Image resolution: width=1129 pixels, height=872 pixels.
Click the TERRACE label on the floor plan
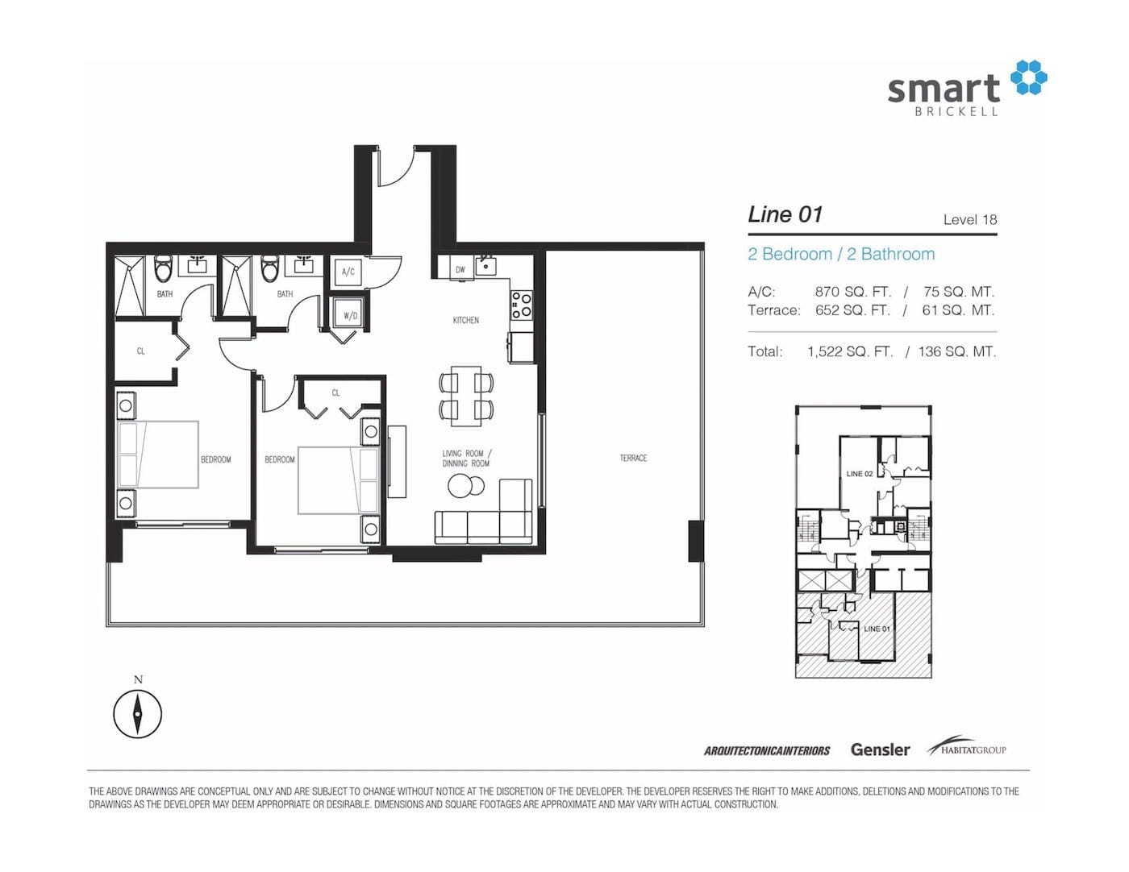pos(633,458)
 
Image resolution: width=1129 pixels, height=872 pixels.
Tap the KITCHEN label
pos(465,320)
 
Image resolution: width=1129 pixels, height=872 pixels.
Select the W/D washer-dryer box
pos(350,314)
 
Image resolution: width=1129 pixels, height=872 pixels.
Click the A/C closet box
pos(348,272)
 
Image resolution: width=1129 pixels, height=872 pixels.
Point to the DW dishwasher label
pos(460,270)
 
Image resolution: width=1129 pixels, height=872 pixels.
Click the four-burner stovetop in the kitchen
pos(522,305)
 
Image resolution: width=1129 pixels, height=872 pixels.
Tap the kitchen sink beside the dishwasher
pos(485,266)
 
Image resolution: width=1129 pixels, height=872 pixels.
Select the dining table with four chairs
pos(466,396)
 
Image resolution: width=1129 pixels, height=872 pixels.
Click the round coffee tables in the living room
pos(465,486)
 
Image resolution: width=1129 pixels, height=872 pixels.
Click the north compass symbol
pos(138,714)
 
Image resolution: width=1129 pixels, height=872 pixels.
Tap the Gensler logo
pos(880,750)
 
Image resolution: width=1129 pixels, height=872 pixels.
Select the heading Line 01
pos(785,215)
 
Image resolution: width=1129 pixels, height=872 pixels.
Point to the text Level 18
pos(970,219)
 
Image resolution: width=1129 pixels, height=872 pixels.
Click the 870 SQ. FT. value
pos(852,292)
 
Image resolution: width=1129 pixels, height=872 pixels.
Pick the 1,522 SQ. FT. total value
pos(850,352)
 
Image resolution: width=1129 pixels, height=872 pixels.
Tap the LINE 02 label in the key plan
pos(860,473)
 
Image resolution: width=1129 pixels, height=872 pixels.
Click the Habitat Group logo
pos(967,746)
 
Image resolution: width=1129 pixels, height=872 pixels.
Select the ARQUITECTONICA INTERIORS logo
pos(767,750)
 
